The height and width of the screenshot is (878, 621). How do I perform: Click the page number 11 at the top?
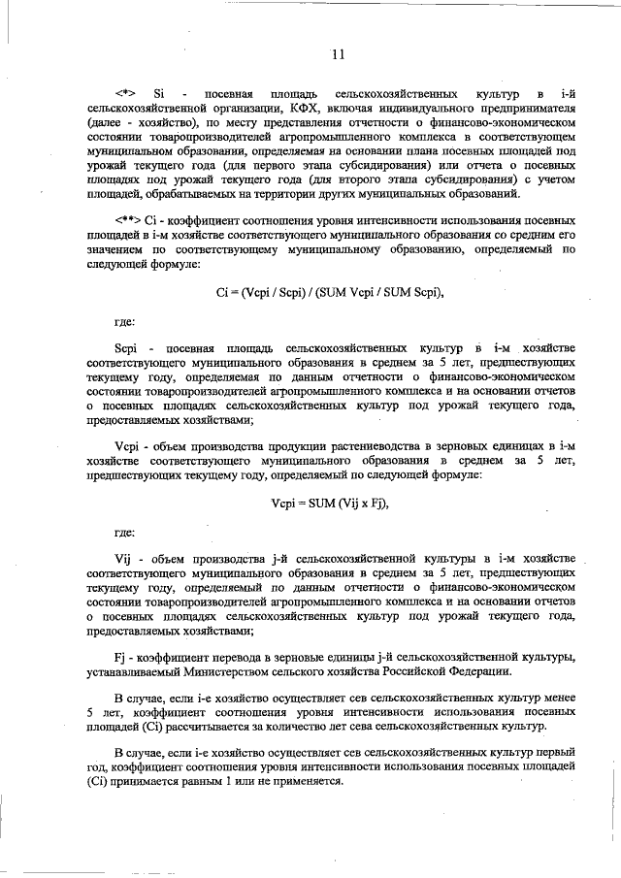click(x=337, y=55)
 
